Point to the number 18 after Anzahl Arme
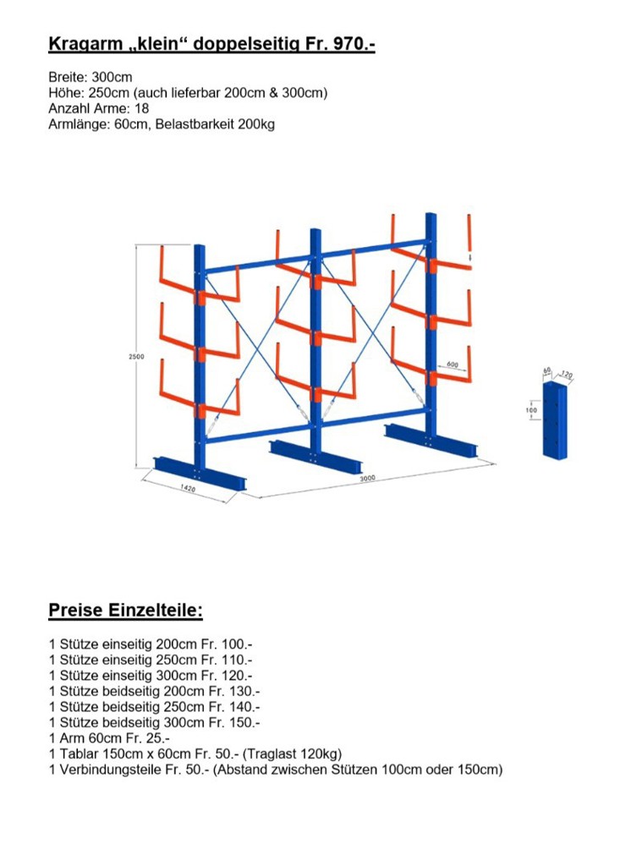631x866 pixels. pos(141,108)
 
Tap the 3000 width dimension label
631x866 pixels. pos(367,479)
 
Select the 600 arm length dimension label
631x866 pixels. pos(452,365)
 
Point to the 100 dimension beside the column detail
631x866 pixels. pos(530,410)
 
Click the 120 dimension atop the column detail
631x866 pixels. pos(566,372)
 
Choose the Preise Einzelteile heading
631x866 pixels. pos(125,611)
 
